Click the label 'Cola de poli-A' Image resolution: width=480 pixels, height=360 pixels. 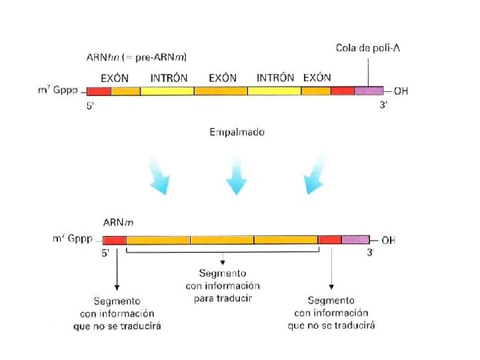[368, 47]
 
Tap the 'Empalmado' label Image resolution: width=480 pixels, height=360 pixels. [237, 132]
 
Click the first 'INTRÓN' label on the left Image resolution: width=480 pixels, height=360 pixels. [169, 77]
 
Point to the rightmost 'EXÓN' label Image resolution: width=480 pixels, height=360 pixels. [317, 77]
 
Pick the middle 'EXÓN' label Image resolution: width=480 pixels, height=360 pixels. [222, 77]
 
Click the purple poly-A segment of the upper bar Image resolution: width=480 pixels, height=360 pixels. [369, 91]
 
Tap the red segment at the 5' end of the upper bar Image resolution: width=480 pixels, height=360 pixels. [99, 91]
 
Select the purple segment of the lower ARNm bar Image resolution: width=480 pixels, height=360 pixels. [355, 239]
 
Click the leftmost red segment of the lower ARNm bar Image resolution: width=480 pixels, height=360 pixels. [115, 239]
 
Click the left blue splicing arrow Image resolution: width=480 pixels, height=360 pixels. [158, 176]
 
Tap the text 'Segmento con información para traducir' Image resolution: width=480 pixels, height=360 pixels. [223, 285]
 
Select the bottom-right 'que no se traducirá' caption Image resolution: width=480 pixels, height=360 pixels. [331, 325]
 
